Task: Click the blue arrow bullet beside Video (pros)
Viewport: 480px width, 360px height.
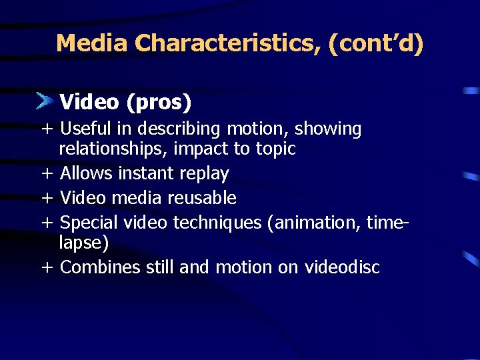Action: [x=45, y=101]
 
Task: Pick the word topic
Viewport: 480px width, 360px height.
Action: [x=275, y=149]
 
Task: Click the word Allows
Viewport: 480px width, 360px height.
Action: [x=86, y=174]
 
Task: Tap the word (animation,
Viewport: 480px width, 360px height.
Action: [x=313, y=222]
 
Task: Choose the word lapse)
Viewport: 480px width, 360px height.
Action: [x=84, y=243]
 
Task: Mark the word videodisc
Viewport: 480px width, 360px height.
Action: [x=342, y=267]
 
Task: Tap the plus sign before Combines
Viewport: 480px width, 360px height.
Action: [x=47, y=268]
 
